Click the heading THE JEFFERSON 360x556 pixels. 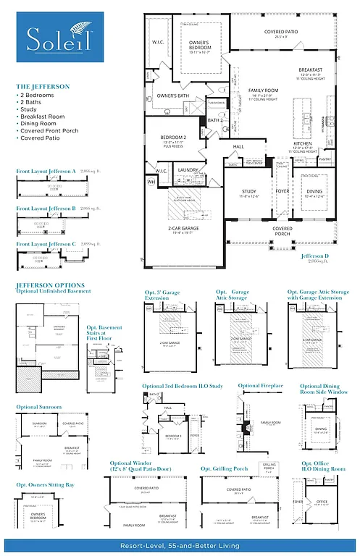43,86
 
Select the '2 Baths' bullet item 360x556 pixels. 33,102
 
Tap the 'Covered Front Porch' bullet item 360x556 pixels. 49,131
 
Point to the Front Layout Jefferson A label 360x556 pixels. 46,172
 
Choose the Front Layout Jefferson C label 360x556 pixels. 46,244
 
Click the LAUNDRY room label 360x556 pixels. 188,169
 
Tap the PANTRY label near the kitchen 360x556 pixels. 325,159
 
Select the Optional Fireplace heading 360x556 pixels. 260,386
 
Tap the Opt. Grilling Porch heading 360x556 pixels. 225,468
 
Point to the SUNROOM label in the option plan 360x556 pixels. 39,424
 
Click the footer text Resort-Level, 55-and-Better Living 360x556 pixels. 180,544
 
